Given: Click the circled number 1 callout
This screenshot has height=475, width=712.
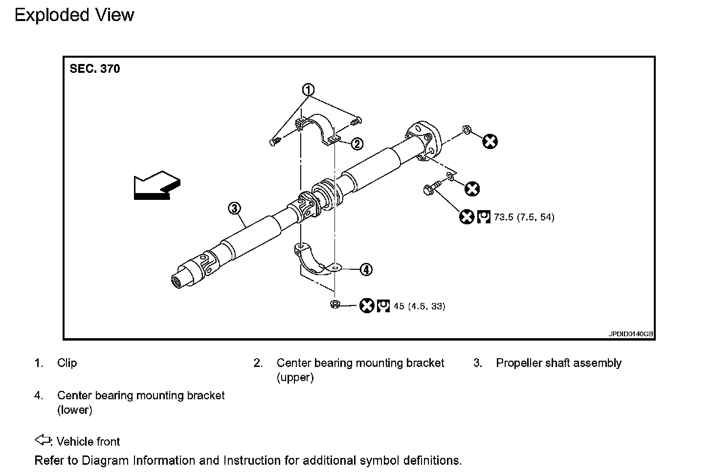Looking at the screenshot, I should pos(308,90).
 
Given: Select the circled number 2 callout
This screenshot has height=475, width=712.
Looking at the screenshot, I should pos(357,143).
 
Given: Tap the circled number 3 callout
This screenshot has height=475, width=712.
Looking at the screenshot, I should pos(234,209).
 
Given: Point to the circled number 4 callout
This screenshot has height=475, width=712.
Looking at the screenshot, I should pos(366,269).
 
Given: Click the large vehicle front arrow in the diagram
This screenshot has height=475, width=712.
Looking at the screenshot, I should pos(156,186).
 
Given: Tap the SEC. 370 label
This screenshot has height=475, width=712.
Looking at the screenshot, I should pos(95,69).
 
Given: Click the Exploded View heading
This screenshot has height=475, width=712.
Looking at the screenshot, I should pos(74,15).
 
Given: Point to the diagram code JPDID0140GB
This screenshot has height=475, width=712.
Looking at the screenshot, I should pos(630,334).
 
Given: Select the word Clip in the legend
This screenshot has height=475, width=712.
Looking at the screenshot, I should pos(67,363).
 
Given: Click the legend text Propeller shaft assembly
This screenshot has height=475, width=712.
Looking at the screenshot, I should pos(558,363).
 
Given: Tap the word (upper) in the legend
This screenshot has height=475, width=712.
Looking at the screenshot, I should pos(295,378).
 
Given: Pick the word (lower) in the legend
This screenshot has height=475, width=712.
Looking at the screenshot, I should pos(75,410).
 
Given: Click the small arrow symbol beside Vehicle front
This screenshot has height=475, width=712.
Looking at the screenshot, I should pos(43,440).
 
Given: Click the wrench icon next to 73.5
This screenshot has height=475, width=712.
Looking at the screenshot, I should pos(484,216).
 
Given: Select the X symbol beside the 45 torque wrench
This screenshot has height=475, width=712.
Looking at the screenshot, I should pos(367,306).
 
